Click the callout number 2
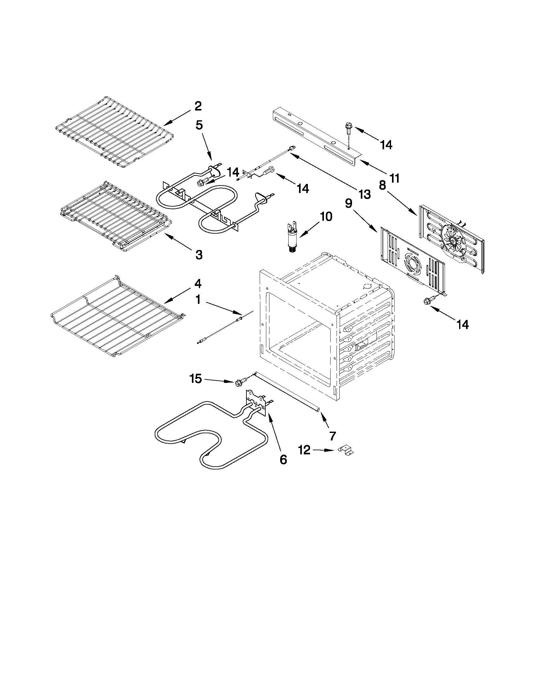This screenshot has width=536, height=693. pos(198,106)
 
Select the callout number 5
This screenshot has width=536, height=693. pos(199,125)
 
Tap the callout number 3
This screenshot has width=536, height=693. pos(199,254)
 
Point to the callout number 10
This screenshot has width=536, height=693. pos(326,216)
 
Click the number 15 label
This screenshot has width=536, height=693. pos(196,378)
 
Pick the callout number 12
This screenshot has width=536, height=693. pos(304,450)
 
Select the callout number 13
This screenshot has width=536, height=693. pos(364,194)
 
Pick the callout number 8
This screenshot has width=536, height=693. pos(382,185)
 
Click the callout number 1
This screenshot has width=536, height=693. pos(198,299)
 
